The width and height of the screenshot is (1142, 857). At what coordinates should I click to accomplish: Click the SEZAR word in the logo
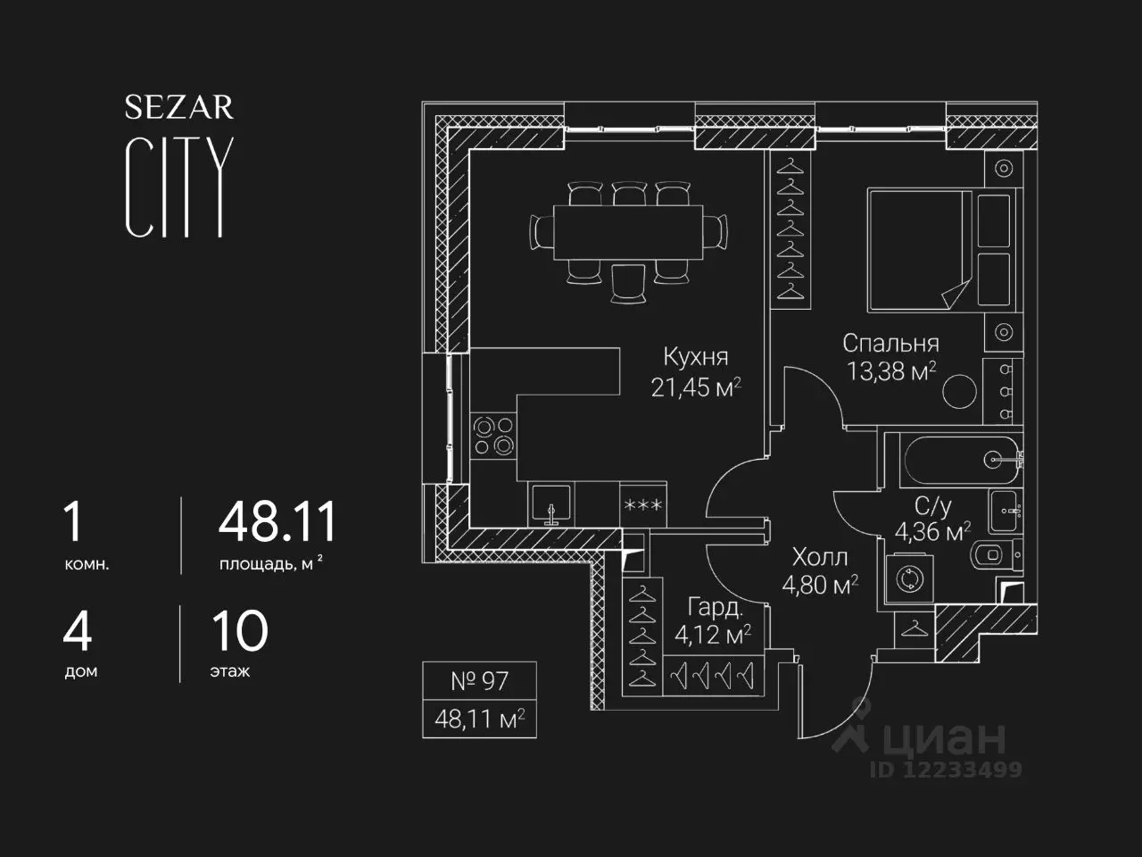(x=179, y=107)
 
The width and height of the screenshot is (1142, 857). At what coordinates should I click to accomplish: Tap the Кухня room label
(x=696, y=357)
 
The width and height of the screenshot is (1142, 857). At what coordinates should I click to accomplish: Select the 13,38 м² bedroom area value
(x=891, y=371)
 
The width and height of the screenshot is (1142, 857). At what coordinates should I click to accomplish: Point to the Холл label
(x=820, y=557)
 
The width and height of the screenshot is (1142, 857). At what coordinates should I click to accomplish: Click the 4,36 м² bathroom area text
(x=933, y=532)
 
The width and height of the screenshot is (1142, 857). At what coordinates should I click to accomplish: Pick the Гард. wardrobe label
(x=716, y=608)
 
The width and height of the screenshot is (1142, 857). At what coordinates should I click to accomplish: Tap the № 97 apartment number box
(x=479, y=680)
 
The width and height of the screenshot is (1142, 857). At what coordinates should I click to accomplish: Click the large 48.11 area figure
(x=277, y=521)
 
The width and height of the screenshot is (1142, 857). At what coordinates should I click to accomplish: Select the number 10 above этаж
(x=240, y=631)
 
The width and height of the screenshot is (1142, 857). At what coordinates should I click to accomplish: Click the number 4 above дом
(x=77, y=631)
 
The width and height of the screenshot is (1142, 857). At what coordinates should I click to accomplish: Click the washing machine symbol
(x=909, y=578)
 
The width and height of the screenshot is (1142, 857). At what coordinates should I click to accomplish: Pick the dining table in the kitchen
(x=628, y=232)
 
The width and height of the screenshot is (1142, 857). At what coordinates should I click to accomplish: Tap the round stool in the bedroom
(x=959, y=391)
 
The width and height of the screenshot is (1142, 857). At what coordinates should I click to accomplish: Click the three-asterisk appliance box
(x=643, y=504)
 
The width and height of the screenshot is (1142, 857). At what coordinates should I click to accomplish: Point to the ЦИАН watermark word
(x=944, y=738)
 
